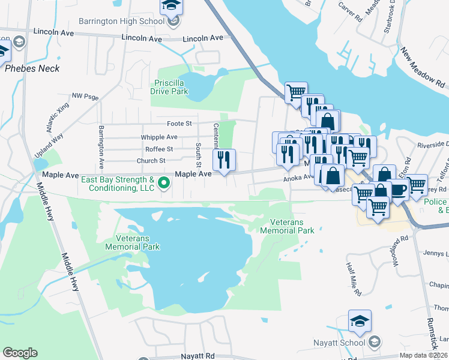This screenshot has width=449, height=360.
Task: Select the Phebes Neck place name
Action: pyautogui.click(x=32, y=68)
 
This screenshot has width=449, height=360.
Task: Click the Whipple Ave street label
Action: pyautogui.click(x=157, y=137)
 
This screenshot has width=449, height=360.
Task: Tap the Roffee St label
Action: pyautogui.click(x=159, y=149)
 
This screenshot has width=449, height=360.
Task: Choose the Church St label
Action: pyautogui.click(x=151, y=161)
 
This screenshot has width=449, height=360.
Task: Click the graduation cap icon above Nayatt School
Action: pyautogui.click(x=360, y=321)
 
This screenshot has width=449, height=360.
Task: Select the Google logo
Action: pyautogui.click(x=20, y=353)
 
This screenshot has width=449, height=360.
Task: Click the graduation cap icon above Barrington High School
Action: pyautogui.click(x=171, y=7)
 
